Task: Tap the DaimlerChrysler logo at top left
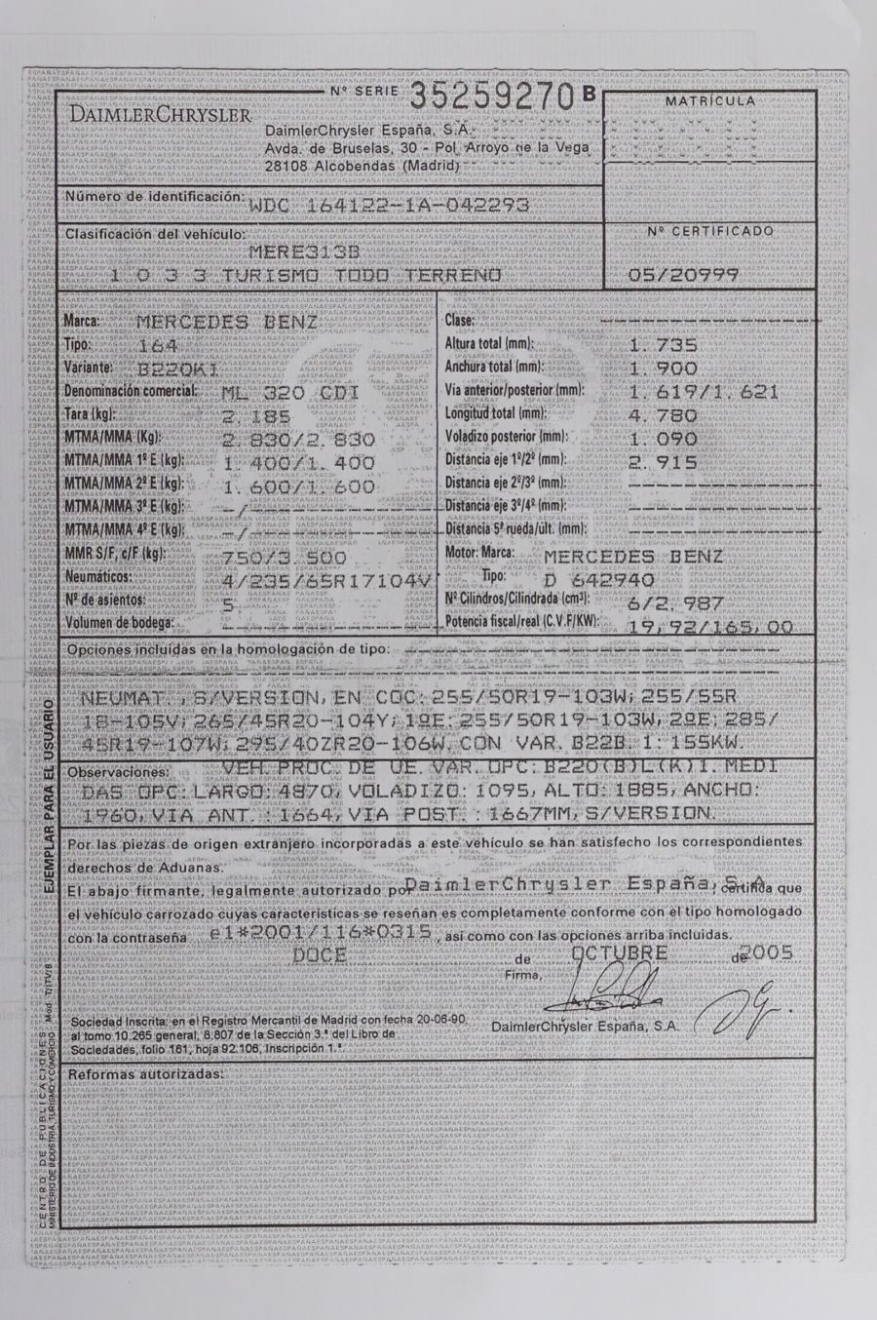(x=160, y=115)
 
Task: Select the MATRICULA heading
(x=709, y=100)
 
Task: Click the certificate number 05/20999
(x=683, y=275)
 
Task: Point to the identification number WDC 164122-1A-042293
(x=389, y=206)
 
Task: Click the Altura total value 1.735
(x=664, y=345)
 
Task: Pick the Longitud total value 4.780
(x=664, y=415)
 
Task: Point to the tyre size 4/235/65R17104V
(x=326, y=580)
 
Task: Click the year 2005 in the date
(x=770, y=952)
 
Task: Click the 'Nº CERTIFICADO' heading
(x=710, y=232)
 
